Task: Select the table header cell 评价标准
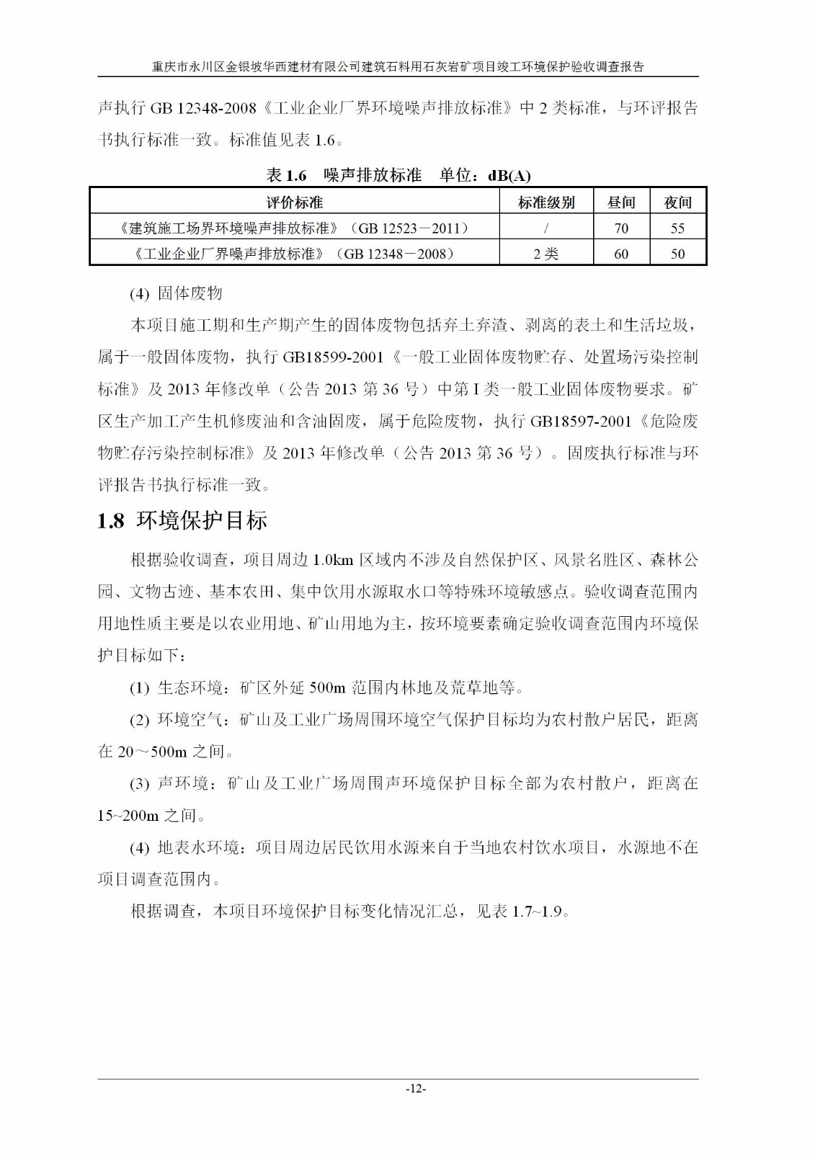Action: [x=294, y=202]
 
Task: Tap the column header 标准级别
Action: [x=546, y=202]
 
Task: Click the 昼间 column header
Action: [x=621, y=202]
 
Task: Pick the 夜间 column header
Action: [x=677, y=202]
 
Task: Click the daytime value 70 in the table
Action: [x=621, y=228]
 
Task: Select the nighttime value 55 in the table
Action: [x=677, y=228]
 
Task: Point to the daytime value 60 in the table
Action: [x=621, y=254]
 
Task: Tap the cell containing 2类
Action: [x=546, y=254]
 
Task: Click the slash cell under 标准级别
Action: [x=546, y=228]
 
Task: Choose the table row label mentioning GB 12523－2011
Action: [x=294, y=228]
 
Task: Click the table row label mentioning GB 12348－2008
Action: [x=294, y=254]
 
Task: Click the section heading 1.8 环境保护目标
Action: [x=182, y=520]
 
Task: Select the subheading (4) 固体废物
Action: [x=176, y=293]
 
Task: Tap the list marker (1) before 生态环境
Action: [x=140, y=688]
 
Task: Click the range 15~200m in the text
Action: [x=128, y=816]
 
